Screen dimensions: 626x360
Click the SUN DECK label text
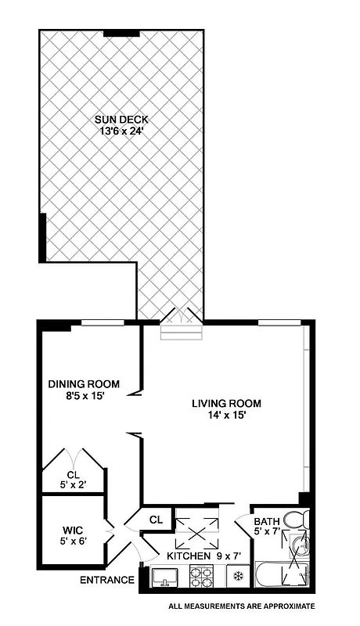[x=121, y=120]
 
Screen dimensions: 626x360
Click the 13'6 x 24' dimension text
[x=121, y=131]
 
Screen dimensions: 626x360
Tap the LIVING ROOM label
[x=227, y=404]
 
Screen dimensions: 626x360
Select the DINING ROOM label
[x=84, y=383]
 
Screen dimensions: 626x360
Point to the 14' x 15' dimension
[x=226, y=416]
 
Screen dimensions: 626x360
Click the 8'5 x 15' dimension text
[x=83, y=396]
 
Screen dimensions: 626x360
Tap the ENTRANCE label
[x=106, y=581]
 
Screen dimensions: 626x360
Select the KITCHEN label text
[x=189, y=556]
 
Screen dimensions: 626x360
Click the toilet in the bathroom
[x=295, y=520]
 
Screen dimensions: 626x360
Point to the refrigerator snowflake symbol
[x=237, y=577]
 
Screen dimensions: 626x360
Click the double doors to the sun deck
[x=182, y=316]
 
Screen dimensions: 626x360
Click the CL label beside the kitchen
[x=156, y=518]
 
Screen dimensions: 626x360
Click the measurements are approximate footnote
[x=241, y=606]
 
